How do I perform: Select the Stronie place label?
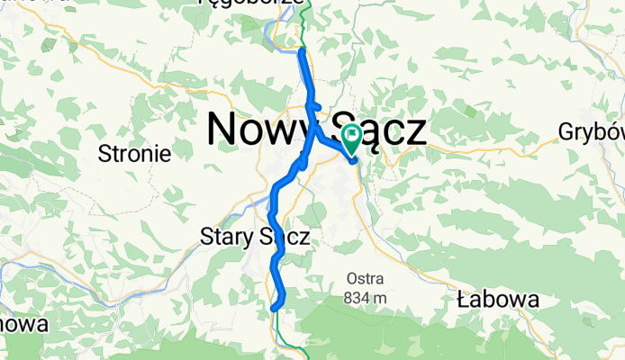135,154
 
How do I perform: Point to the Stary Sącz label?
254,238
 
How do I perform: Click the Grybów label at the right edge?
591,131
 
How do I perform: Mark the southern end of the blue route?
273,309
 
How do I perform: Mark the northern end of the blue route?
300,52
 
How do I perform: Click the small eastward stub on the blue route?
317,106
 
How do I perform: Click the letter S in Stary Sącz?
204,238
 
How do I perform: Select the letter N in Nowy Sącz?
223,130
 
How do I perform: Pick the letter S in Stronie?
104,154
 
